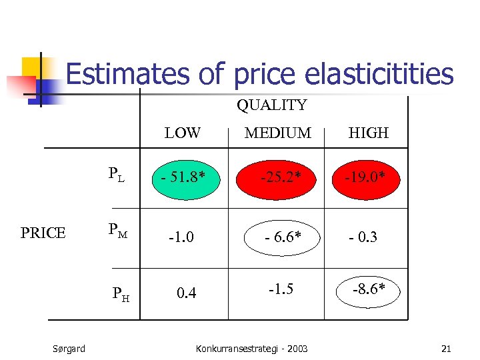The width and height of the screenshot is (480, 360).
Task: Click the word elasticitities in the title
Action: [373, 74]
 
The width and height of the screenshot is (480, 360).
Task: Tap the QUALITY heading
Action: [271, 105]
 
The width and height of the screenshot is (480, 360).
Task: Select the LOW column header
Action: [183, 133]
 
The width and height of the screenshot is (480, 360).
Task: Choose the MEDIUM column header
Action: [277, 133]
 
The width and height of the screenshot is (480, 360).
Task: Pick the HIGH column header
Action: [368, 133]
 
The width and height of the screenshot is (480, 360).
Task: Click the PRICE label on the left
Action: [43, 233]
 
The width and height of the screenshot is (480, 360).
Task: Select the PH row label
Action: [121, 292]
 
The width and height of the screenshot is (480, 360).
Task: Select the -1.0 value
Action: [181, 237]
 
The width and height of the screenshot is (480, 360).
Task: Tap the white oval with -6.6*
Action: [281, 237]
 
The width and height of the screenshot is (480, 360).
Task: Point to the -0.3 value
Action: [363, 237]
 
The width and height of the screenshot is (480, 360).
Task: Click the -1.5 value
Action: [281, 288]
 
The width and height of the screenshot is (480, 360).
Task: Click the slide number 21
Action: [446, 349]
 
